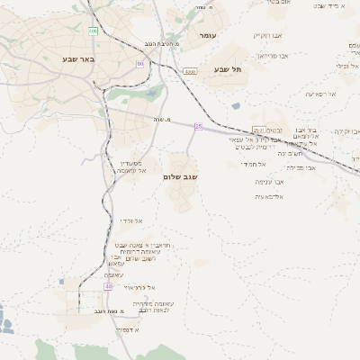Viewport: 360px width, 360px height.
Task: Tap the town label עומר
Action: (x=207, y=35)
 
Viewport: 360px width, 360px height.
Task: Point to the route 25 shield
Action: (x=198, y=127)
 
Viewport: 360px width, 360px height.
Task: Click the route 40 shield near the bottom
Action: (x=108, y=286)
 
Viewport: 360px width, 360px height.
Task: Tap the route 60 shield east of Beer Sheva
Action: (x=139, y=64)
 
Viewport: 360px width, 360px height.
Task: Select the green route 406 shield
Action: (x=93, y=31)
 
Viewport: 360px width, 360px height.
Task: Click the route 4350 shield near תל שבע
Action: (x=190, y=69)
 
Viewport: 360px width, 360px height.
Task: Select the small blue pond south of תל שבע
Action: (x=236, y=105)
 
